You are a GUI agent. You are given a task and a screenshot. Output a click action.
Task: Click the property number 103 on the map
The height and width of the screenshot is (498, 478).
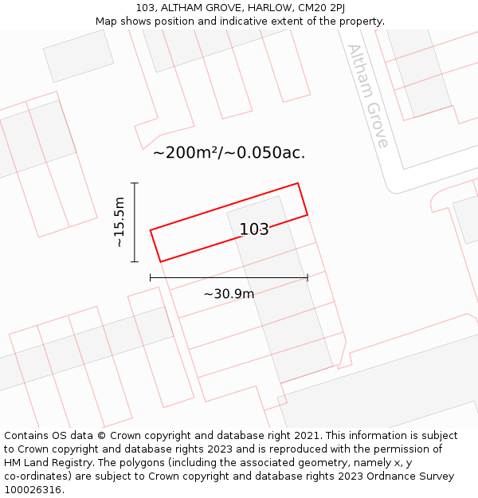point(254,229)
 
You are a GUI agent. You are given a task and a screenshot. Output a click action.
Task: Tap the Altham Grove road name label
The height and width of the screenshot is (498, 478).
point(367,96)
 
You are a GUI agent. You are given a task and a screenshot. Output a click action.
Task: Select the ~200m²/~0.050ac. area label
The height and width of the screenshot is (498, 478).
point(229,152)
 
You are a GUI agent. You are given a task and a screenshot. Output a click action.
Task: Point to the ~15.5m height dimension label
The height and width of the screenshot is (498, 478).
point(119,222)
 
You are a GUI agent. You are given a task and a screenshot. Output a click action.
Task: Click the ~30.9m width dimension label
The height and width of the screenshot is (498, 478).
point(229,294)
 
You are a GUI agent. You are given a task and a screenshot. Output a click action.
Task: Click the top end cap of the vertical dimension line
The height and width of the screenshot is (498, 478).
point(135,183)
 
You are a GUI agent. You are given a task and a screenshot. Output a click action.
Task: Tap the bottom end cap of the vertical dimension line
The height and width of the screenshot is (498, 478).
point(135,261)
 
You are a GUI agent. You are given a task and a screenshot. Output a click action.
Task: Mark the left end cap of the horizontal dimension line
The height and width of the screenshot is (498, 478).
point(151,277)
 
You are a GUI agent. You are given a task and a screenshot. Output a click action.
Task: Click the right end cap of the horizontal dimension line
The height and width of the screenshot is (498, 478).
point(308,277)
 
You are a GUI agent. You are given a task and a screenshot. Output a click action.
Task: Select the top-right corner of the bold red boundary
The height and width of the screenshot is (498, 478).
point(298,183)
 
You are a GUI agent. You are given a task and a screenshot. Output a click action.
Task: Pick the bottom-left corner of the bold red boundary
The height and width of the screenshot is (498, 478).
point(160,261)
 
